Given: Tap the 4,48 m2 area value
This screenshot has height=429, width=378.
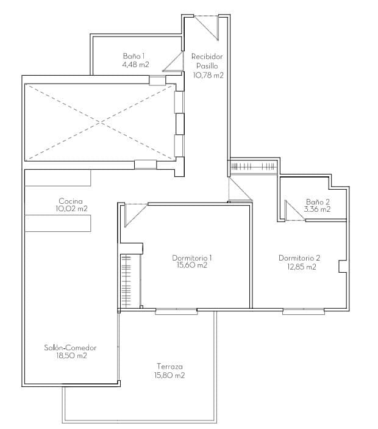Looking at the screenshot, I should click(x=135, y=64).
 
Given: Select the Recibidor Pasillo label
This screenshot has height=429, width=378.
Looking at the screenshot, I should click(x=207, y=60).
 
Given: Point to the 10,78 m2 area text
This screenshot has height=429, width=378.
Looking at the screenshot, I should click(x=208, y=76).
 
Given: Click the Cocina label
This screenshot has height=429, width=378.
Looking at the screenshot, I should click(x=71, y=201).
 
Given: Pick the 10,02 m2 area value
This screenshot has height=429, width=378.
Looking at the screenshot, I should click(x=71, y=209).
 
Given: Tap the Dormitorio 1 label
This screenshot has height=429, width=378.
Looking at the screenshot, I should click(x=192, y=258).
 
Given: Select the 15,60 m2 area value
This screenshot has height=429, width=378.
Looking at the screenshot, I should click(x=192, y=265).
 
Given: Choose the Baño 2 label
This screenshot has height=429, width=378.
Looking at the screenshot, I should click(x=318, y=201).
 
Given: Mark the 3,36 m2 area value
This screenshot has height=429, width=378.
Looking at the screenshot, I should click(x=318, y=209).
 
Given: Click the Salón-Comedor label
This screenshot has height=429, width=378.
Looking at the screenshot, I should click(x=70, y=348).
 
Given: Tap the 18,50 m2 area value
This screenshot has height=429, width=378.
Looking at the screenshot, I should click(x=70, y=356).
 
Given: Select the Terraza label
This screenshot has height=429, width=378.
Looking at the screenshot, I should click(x=169, y=367).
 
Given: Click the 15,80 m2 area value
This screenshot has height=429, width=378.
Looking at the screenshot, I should click(x=169, y=376).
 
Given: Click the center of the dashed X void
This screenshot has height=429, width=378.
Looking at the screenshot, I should click(x=99, y=122).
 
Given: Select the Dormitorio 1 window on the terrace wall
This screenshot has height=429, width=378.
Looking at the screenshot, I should click(x=176, y=311).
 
